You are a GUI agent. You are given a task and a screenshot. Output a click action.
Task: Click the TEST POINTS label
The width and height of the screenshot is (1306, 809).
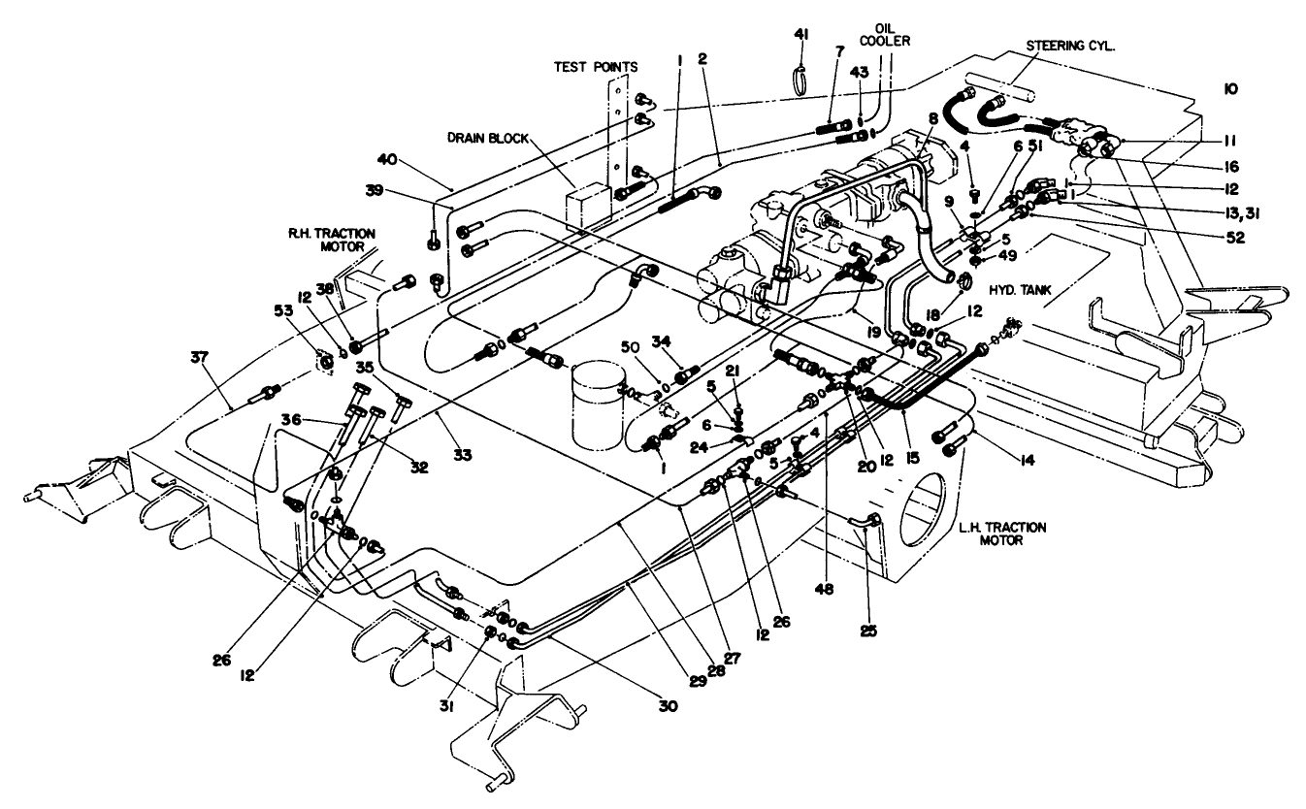point(596,67)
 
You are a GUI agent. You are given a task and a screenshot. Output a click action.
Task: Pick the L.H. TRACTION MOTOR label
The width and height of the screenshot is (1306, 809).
point(1001,534)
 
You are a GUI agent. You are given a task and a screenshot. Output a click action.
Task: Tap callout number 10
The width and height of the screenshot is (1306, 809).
point(1230,88)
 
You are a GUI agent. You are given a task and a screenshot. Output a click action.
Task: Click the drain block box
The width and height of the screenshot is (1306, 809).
point(588,207)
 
